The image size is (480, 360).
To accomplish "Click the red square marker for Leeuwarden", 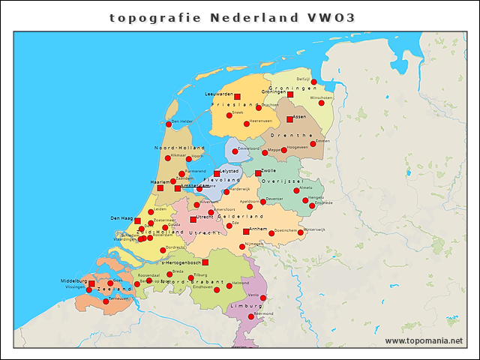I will tap(237, 97).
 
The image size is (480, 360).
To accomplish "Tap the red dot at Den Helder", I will tap(168, 124).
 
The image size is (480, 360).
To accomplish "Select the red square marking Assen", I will tap(289, 119).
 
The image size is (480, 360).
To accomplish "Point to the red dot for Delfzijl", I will tap(314, 82).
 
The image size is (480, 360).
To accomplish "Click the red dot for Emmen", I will tap(313, 144).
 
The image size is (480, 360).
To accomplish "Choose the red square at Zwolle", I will tap(258, 173).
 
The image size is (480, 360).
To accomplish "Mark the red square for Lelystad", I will tap(217, 174).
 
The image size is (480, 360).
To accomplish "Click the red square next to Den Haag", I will tap(137, 220).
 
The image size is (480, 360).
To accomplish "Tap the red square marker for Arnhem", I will tap(246, 232).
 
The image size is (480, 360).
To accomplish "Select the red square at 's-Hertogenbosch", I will tap(205, 262).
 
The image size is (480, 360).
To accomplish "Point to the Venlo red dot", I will tap(263, 298).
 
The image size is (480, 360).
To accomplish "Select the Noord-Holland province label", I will tap(174, 148).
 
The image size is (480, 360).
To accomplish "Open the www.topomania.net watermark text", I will tap(424, 340).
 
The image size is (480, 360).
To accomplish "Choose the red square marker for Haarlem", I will tap(160, 187).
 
